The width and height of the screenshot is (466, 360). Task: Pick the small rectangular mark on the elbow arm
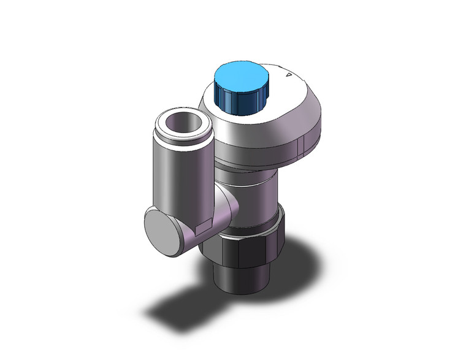(x=201, y=228)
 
